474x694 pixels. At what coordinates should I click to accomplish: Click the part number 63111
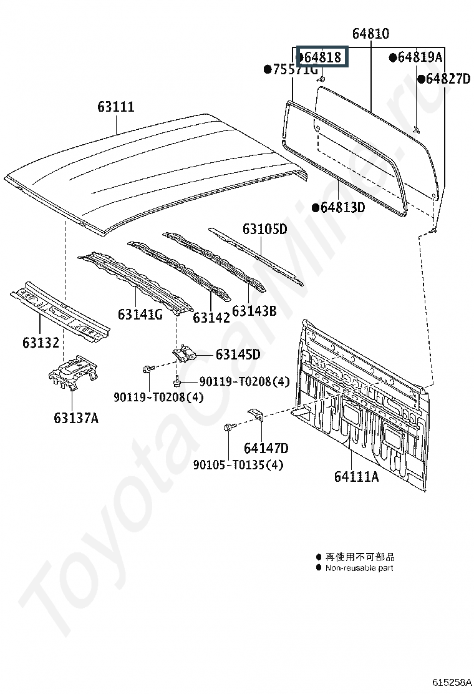pos(115,107)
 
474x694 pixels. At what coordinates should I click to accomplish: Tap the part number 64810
pos(370,34)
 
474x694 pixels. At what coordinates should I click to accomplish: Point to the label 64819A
pos(420,57)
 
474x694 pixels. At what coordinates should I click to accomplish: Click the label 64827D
pos(447,79)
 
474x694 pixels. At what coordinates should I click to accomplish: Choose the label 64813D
pos(342,207)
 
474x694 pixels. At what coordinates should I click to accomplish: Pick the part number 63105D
pos(264,229)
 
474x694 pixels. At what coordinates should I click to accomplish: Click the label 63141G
pos(140,314)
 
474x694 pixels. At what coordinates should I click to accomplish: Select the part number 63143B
pos(254,310)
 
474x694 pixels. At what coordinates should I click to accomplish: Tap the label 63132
pos(41,343)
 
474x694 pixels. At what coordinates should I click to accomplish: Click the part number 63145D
pos(238,354)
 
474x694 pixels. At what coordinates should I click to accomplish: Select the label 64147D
pos(266,447)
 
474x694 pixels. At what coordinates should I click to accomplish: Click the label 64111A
pos(356,476)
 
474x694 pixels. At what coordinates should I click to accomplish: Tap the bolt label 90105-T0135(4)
pos(229,465)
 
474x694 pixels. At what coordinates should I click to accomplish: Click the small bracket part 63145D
pos(185,354)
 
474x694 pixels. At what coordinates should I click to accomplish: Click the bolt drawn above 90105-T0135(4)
pos(229,428)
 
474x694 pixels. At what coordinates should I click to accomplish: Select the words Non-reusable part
pos(359,568)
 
